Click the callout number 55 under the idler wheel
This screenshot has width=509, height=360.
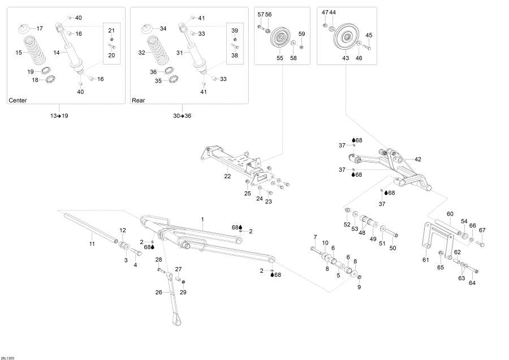tap(279, 58)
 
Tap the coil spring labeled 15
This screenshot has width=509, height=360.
tap(36, 52)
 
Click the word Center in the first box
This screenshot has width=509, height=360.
tap(18, 100)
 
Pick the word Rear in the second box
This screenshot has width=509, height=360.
tap(139, 100)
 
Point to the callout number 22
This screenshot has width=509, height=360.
tap(227, 176)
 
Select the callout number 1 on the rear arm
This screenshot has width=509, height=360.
tap(202, 218)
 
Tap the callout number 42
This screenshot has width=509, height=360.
tap(418, 159)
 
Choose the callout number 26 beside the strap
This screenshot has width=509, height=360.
tap(159, 293)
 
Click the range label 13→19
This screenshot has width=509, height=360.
tap(59, 115)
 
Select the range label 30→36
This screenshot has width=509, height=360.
tap(182, 115)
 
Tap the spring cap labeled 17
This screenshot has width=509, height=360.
tap(25, 29)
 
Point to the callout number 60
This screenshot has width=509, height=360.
tap(450, 213)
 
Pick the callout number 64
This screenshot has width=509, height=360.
tap(472, 283)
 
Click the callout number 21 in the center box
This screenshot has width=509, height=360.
tap(111, 30)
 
